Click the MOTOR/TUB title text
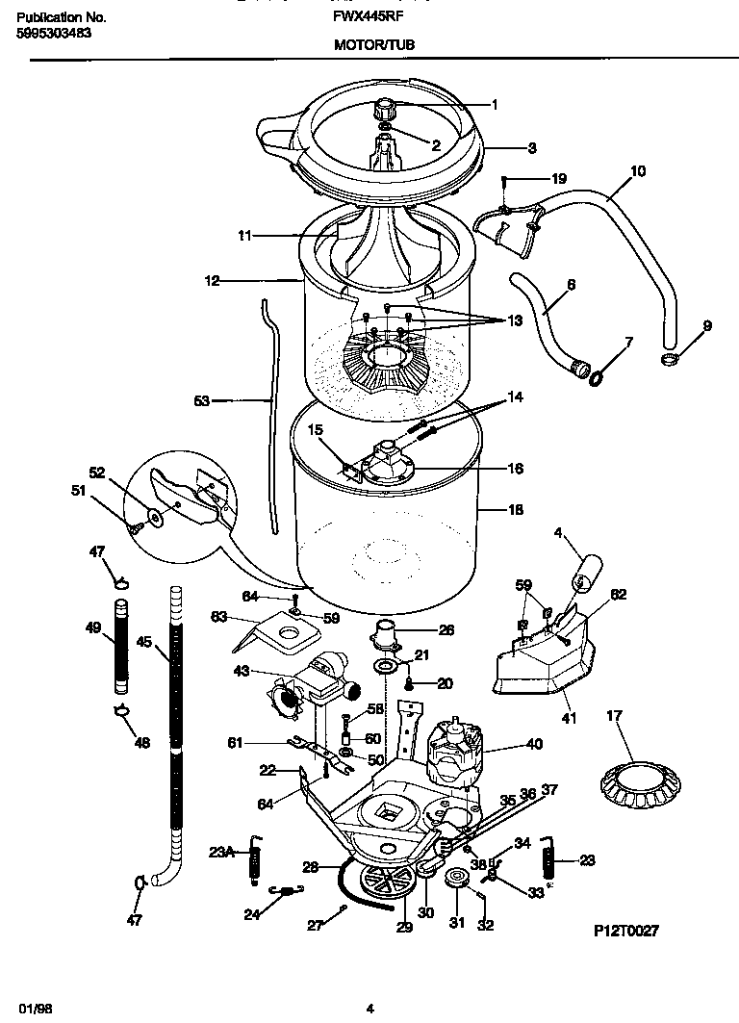pyautogui.click(x=374, y=44)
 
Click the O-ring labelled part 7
pyautogui.click(x=597, y=375)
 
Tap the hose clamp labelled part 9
pyautogui.click(x=670, y=360)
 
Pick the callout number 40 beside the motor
pyautogui.click(x=534, y=744)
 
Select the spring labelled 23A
pyautogui.click(x=257, y=855)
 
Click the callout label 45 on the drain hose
pyautogui.click(x=143, y=642)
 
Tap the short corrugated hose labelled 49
pyautogui.click(x=121, y=646)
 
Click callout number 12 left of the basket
pyautogui.click(x=213, y=281)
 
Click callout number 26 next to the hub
pyautogui.click(x=446, y=631)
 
